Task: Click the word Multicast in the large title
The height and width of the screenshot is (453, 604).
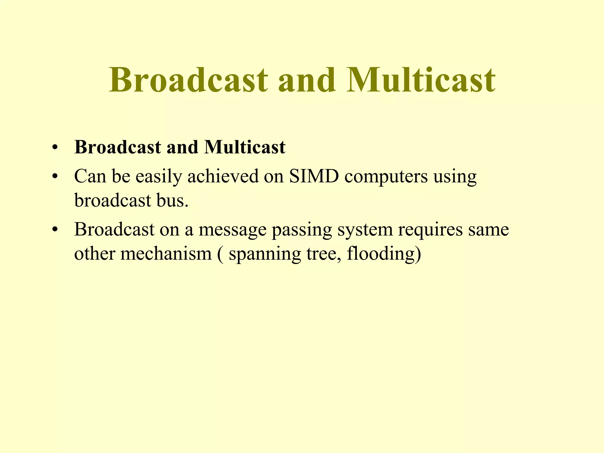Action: pyautogui.click(x=421, y=80)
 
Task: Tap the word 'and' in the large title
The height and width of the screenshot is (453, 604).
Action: pyautogui.click(x=307, y=80)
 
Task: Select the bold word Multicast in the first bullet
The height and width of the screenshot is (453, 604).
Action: pyautogui.click(x=244, y=147)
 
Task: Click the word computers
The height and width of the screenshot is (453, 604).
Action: pyautogui.click(x=386, y=177)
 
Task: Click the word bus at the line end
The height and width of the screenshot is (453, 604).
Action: pyautogui.click(x=174, y=201)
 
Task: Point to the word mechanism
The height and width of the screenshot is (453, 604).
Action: pyautogui.click(x=166, y=253)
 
